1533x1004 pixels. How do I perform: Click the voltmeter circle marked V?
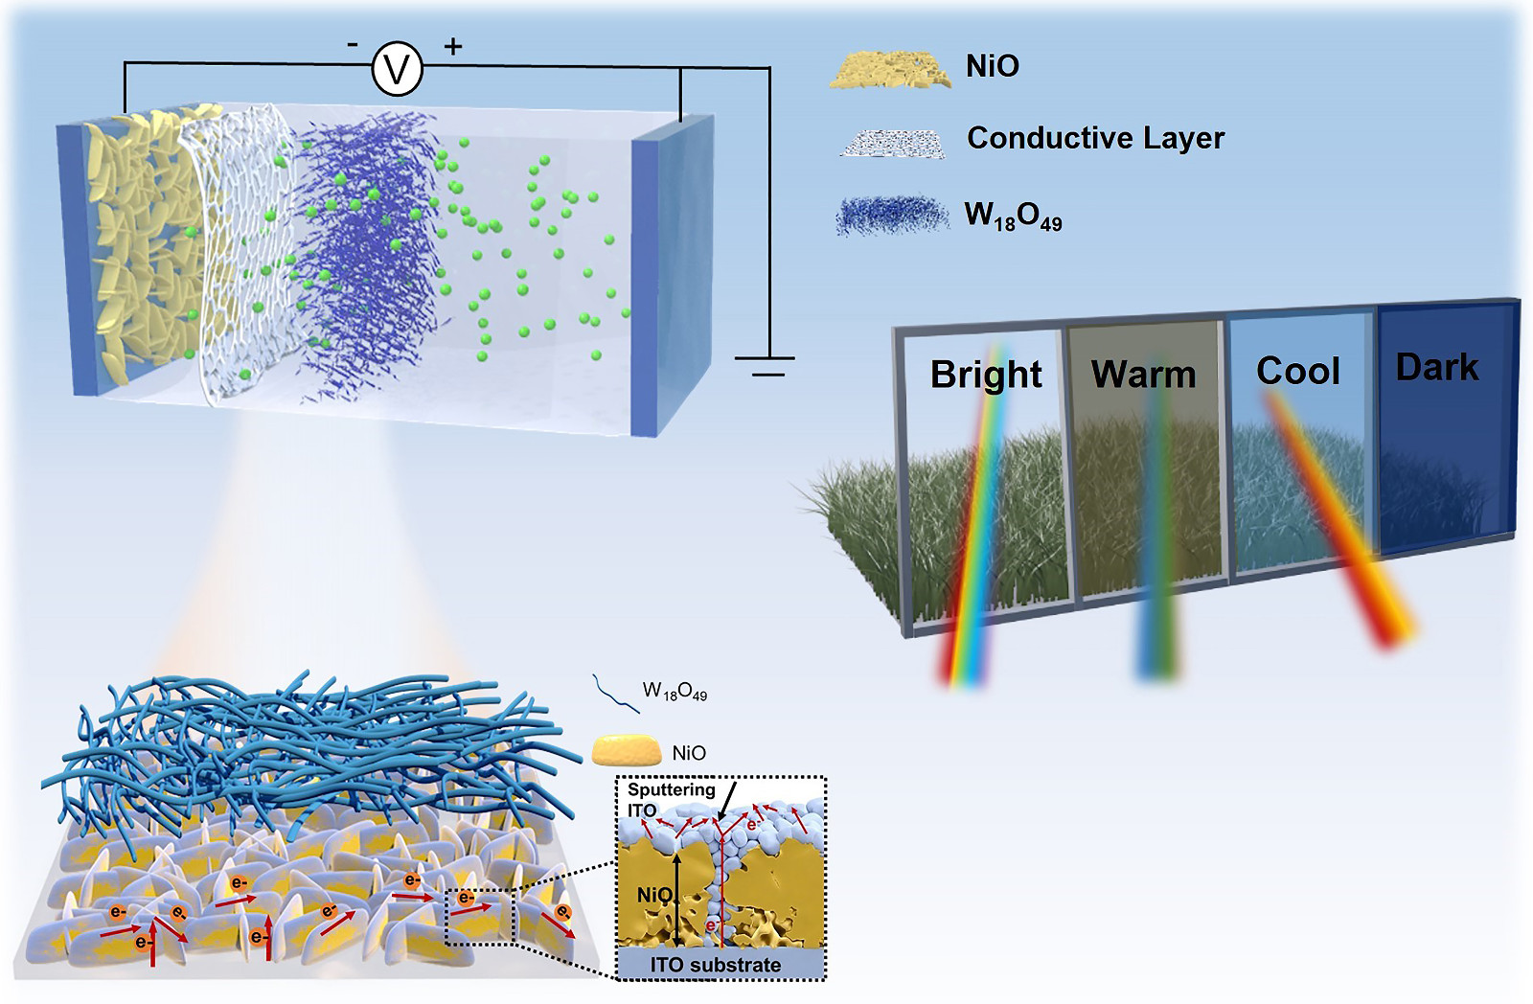397,69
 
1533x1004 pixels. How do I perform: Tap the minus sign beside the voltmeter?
353,44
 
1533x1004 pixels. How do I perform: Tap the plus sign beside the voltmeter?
452,45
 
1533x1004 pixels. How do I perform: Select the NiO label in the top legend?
993,66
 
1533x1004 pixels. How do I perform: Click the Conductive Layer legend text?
1095,138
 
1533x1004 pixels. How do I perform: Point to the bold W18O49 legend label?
1013,217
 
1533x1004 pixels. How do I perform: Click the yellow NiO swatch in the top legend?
890,70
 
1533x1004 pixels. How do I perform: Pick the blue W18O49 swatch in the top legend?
891,216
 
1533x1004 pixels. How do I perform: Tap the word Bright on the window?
986,375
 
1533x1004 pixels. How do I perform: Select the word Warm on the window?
1143,375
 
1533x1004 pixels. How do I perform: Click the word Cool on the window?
1297,371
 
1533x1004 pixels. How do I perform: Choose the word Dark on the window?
1436,367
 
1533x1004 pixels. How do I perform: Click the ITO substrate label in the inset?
716,965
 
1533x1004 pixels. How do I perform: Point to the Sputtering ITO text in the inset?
671,799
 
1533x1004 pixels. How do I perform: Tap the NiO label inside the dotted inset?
655,895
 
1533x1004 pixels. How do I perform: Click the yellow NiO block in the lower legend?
627,751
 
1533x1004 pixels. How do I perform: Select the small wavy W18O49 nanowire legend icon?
615,693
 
